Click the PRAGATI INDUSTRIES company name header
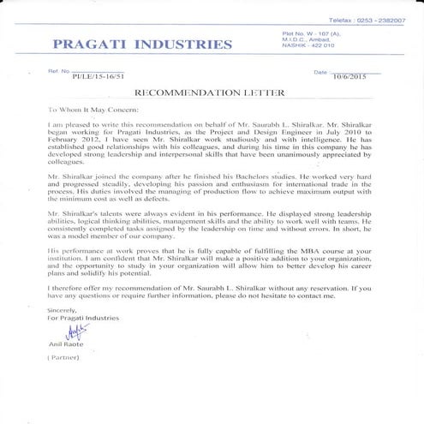coord(141,44)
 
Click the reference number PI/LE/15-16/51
coord(99,75)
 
